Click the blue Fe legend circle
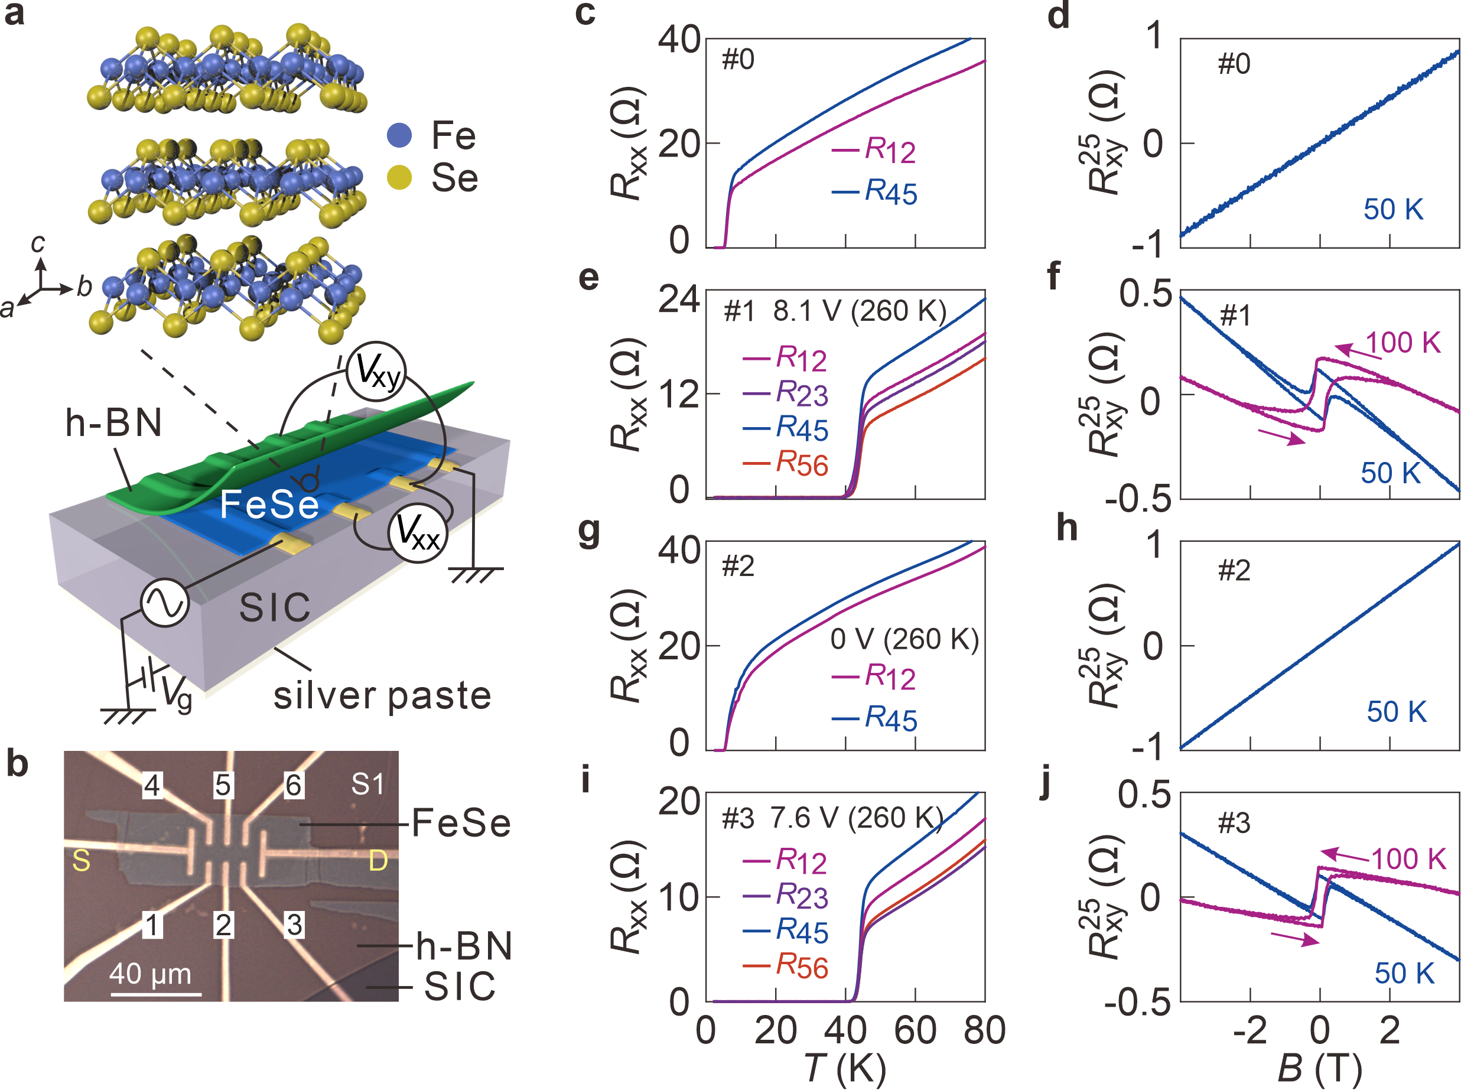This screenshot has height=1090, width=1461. click(399, 135)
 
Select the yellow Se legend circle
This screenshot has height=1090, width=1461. click(399, 177)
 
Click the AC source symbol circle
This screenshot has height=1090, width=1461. click(165, 603)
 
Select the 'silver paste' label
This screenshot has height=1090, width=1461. click(383, 695)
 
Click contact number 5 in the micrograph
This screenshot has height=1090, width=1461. click(223, 785)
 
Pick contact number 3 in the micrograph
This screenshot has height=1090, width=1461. click(294, 925)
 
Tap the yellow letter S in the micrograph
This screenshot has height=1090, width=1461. click(81, 860)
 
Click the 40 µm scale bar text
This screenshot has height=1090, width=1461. click(151, 974)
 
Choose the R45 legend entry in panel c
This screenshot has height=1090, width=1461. click(874, 192)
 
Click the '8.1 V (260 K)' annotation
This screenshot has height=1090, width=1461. click(860, 311)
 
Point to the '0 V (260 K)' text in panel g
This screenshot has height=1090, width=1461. click(904, 639)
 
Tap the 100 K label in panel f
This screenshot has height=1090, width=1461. click(1403, 343)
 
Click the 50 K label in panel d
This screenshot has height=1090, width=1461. click(1393, 210)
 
